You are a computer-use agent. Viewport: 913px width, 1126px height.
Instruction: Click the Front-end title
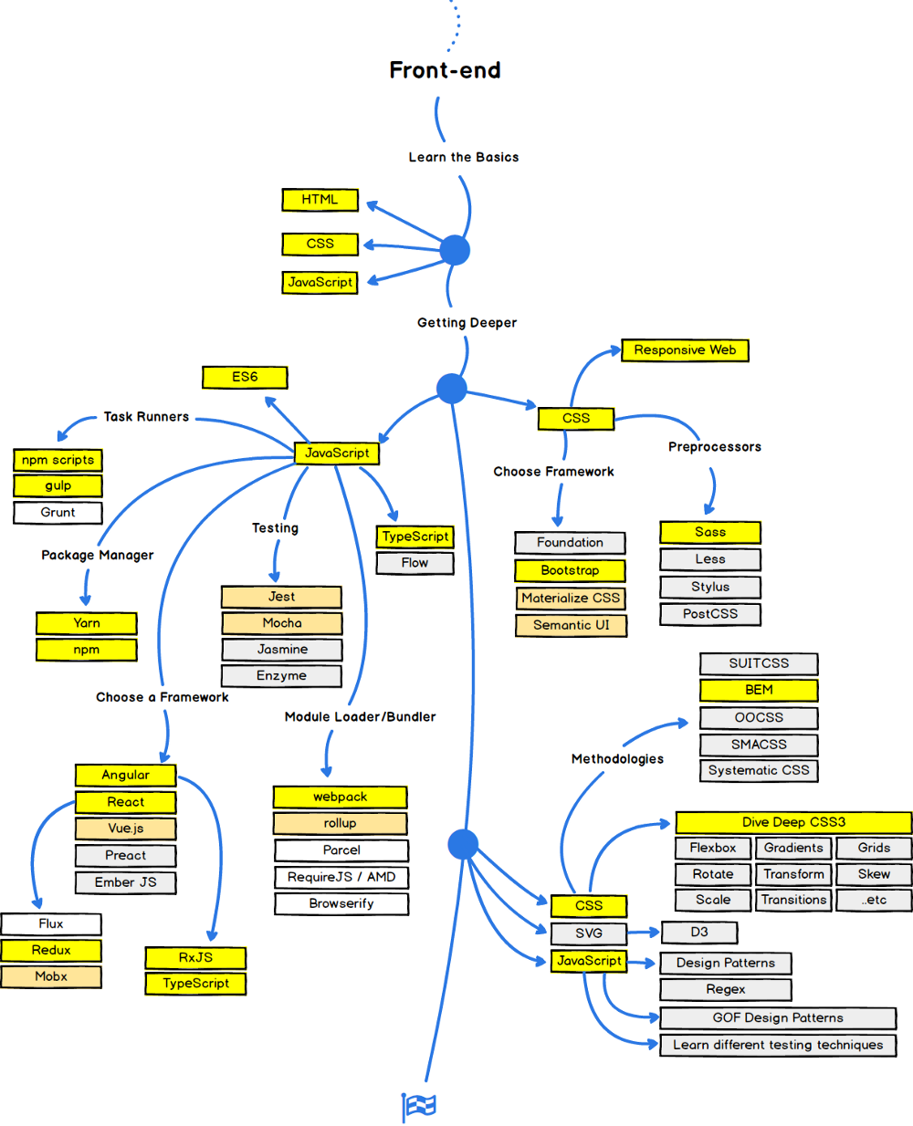coord(445,70)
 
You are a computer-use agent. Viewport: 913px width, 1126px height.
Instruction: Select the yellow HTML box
coord(320,199)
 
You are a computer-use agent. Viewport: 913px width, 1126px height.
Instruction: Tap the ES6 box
coord(245,377)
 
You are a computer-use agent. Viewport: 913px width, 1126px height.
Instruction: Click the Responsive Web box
coord(685,349)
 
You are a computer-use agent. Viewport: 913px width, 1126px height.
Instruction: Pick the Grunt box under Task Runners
coord(58,513)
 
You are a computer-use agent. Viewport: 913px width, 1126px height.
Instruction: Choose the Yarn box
coord(87,623)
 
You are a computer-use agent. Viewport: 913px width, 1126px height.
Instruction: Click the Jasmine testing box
coord(282,650)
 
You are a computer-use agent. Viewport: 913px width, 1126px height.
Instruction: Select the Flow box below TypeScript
coord(415,563)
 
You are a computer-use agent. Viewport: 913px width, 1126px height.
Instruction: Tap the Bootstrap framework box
coord(570,570)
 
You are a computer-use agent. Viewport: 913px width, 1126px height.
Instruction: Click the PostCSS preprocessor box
coord(709,614)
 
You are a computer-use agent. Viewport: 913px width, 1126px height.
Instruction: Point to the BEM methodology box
coord(759,690)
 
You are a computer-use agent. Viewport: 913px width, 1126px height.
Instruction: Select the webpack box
coord(340,797)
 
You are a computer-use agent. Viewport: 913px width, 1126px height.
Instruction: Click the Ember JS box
coord(125,882)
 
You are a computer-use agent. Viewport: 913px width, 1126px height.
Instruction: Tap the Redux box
coord(51,950)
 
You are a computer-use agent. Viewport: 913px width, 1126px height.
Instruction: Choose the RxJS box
coord(195,957)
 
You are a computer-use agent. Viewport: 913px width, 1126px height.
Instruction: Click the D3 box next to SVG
coord(698,932)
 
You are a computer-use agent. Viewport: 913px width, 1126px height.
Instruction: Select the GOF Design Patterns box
coord(778,1017)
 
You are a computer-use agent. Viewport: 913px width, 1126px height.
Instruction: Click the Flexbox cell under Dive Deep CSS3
coord(713,848)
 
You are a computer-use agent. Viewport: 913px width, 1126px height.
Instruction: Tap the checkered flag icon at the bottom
coord(419,1106)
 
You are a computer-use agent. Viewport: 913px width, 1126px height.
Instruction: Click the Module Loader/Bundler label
coord(360,717)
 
